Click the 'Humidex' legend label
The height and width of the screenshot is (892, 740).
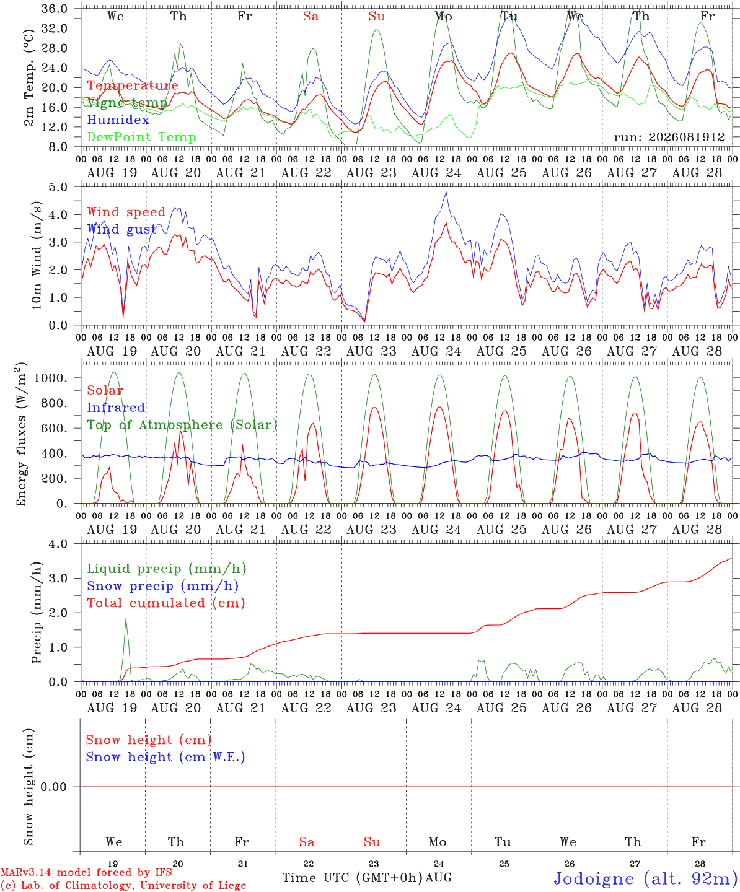tap(118, 120)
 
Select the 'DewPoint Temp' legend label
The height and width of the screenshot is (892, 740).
tap(141, 137)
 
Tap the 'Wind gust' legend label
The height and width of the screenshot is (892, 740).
tap(121, 229)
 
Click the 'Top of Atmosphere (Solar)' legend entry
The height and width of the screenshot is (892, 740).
tap(183, 425)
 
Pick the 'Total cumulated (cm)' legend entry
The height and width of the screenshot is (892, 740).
tap(166, 603)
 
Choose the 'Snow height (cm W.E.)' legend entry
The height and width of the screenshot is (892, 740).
tap(165, 757)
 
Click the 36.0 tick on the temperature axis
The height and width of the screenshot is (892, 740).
tap(55, 9)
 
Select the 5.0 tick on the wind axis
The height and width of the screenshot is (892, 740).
tap(58, 187)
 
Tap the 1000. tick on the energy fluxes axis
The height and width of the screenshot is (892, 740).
tap(51, 378)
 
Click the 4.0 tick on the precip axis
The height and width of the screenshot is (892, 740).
tap(58, 544)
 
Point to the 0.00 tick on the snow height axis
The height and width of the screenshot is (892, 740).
tap(53, 787)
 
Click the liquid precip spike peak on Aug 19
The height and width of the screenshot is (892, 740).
tap(126, 619)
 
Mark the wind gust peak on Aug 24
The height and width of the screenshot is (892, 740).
tap(446, 192)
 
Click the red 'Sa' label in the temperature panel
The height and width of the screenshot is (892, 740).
tap(311, 17)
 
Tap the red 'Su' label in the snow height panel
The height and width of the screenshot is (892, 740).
tap(372, 842)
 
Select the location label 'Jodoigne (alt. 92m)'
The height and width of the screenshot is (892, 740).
tap(646, 878)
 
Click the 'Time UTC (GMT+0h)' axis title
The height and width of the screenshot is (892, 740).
tap(352, 878)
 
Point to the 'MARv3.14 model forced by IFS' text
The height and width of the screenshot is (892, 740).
tap(86, 872)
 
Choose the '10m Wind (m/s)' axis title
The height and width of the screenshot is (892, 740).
tap(37, 255)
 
